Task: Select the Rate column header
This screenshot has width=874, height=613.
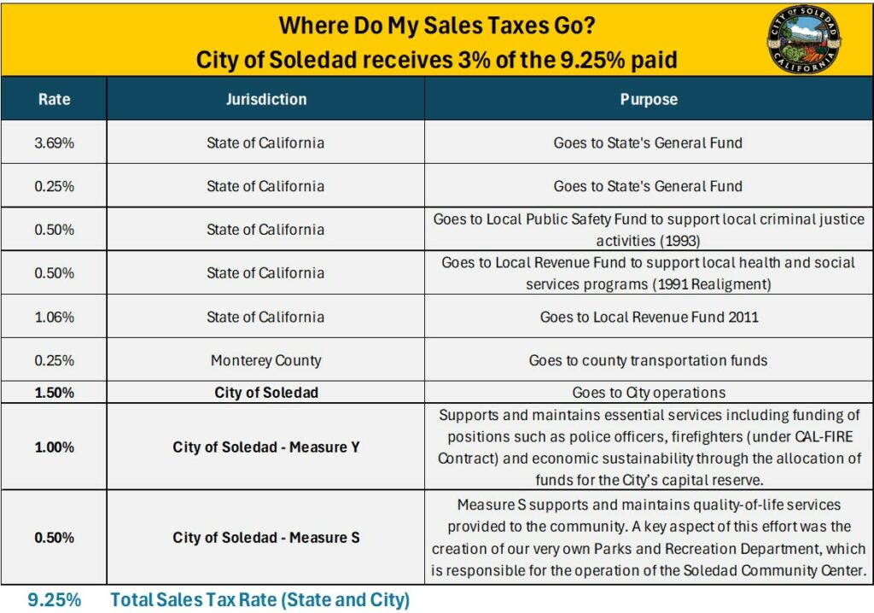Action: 54,99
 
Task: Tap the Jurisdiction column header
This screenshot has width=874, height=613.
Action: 265,99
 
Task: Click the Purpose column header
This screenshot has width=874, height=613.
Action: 648,99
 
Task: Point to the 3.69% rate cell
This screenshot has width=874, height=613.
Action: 54,143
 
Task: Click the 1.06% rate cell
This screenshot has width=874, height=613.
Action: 54,317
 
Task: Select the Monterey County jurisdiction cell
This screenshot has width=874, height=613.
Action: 265,360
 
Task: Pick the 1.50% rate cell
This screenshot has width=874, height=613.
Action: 54,393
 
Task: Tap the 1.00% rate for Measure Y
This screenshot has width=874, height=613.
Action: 54,447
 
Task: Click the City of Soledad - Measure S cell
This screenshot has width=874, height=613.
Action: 265,538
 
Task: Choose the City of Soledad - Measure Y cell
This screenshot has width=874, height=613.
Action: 265,447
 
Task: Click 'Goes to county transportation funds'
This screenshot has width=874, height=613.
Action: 648,360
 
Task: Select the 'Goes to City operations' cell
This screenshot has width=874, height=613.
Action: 648,393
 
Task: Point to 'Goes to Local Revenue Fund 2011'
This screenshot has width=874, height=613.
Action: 648,317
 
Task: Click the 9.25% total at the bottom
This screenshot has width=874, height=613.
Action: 54,600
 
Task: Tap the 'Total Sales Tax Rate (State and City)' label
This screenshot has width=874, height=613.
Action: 259,600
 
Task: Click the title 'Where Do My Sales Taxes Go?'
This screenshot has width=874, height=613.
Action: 437,26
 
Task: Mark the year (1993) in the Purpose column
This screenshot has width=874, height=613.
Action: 681,241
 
